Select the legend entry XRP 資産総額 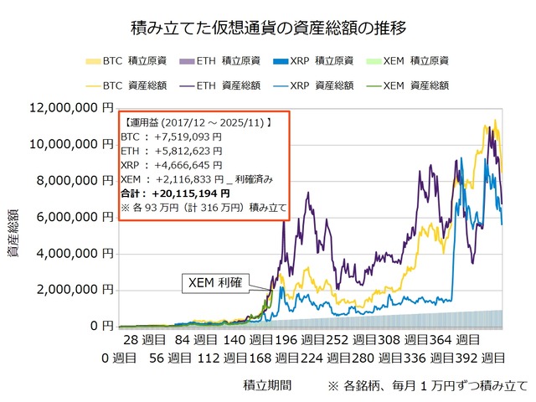click(317, 85)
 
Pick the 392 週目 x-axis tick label click(480, 358)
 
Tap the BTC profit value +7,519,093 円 click(183, 137)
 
